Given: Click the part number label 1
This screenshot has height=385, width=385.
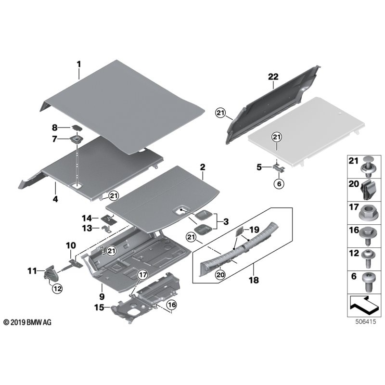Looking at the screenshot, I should tap(79, 64).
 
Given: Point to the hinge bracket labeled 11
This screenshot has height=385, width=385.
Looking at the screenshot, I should tap(50, 274).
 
